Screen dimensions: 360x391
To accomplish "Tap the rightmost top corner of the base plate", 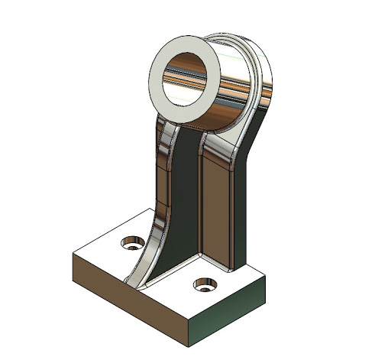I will click(x=264, y=280).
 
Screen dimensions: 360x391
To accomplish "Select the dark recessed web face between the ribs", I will click(x=183, y=199).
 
